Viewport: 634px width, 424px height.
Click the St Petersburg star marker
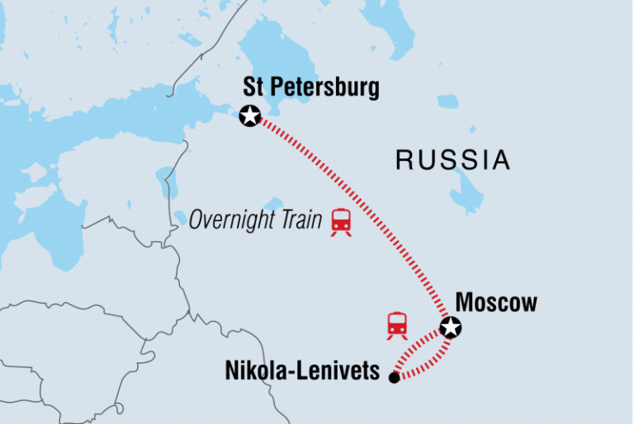(248, 116)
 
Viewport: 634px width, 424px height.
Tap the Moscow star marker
(450, 328)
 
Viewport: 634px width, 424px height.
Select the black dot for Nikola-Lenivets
(394, 378)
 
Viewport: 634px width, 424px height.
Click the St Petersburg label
(311, 88)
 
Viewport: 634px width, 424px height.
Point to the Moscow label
(496, 303)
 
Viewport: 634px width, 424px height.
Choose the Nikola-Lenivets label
(302, 372)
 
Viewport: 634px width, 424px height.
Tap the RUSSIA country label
(452, 160)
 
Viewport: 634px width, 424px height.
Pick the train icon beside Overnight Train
(341, 221)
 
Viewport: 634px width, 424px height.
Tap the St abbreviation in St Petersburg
(253, 88)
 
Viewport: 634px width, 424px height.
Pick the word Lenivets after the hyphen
(341, 372)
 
